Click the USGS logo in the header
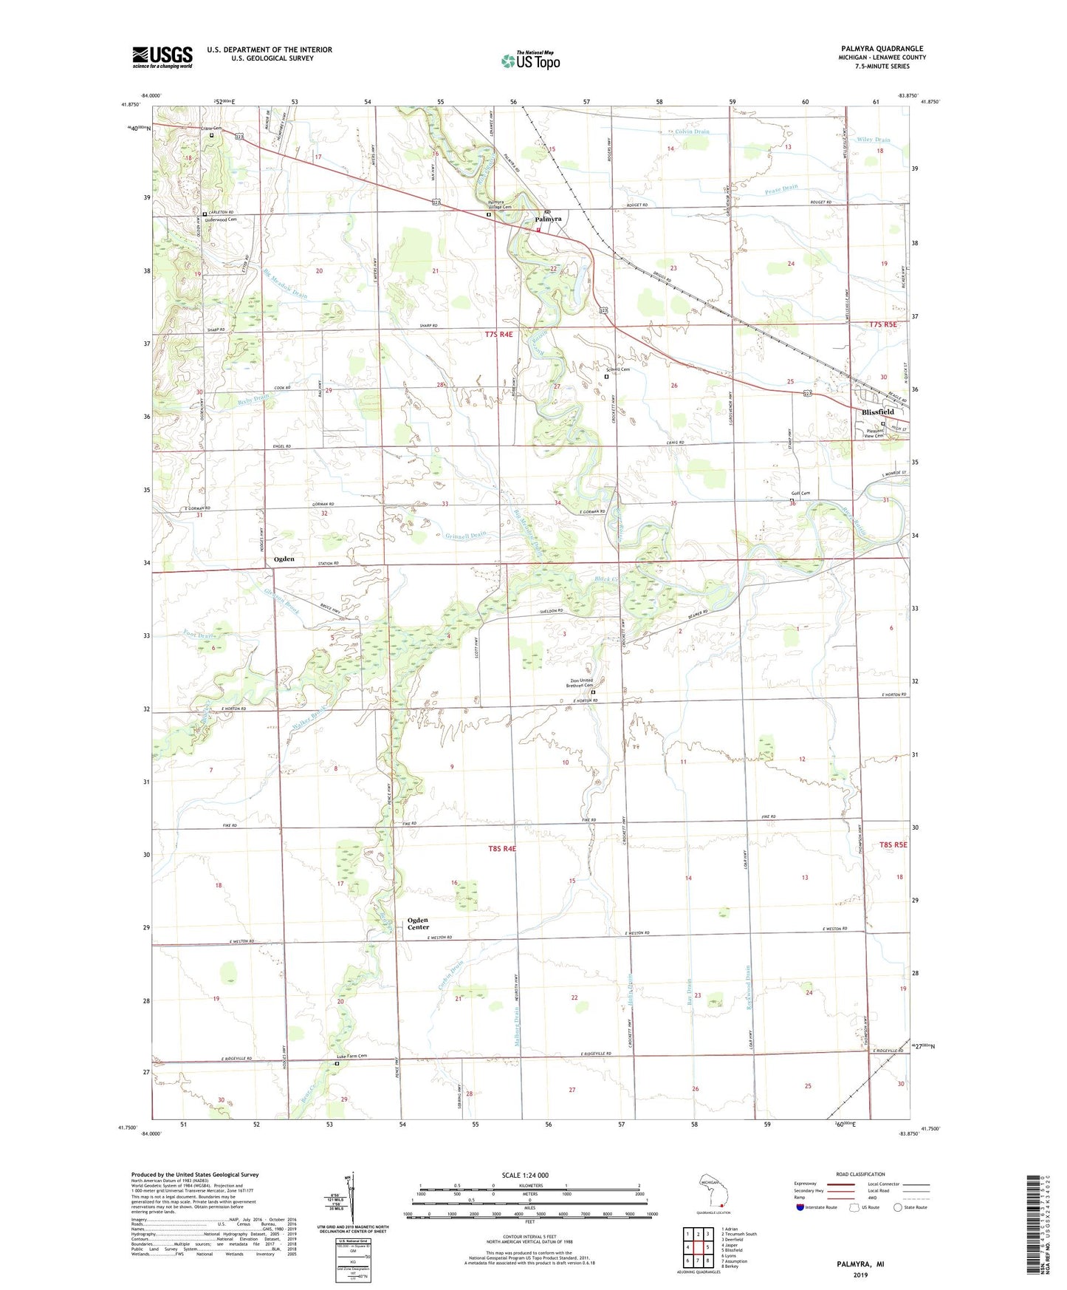tap(162, 56)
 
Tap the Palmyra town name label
tap(548, 219)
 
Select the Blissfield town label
tap(877, 412)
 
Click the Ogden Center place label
tap(418, 924)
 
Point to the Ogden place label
tap(284, 559)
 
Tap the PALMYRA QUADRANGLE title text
tap(876, 49)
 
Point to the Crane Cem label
tap(212, 129)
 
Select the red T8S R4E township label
tap(501, 849)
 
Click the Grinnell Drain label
tap(466, 535)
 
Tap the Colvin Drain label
tap(691, 132)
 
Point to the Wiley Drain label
tap(874, 140)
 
